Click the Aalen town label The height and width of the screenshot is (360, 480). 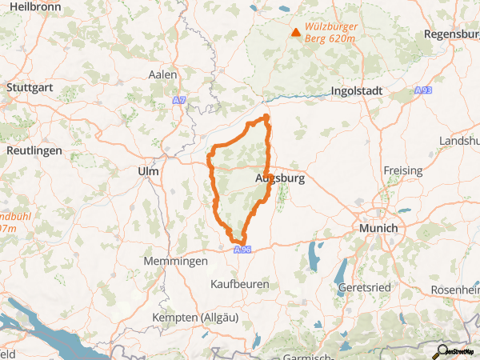point(162,74)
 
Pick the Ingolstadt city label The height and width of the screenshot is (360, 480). point(358,92)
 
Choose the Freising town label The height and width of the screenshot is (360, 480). point(402,170)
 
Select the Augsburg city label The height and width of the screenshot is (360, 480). point(279,179)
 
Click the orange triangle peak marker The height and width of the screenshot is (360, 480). point(296,33)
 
